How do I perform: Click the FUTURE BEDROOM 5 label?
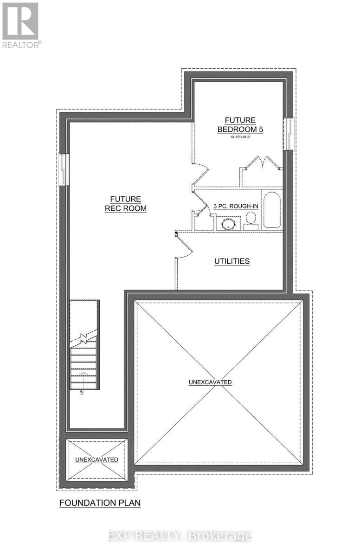click(x=240, y=125)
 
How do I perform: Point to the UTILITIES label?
click(x=232, y=261)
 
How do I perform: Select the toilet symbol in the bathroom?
click(x=251, y=220)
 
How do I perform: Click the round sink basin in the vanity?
click(x=228, y=225)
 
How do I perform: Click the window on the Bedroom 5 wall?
click(x=289, y=134)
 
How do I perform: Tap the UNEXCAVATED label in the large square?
click(x=210, y=382)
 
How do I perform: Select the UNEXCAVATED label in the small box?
click(x=96, y=460)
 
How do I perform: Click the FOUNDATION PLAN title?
click(x=100, y=503)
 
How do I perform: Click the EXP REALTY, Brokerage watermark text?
click(x=180, y=536)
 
